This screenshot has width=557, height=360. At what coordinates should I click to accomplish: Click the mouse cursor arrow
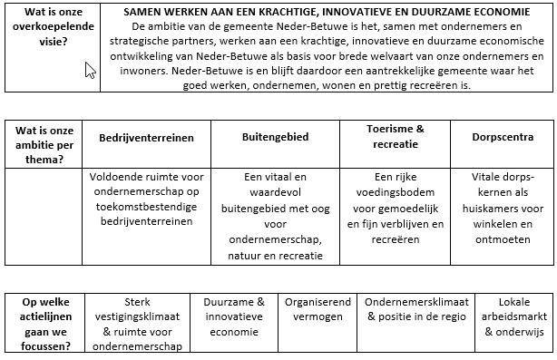[x=90, y=70]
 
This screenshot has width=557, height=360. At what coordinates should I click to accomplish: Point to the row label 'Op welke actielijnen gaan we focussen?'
[x=48, y=324]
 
